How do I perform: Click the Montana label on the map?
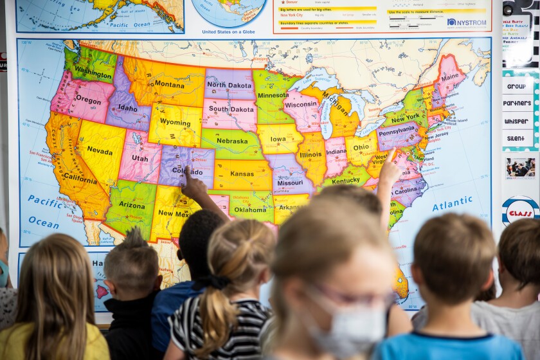[x=169, y=84]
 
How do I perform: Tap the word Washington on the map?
[x=93, y=73]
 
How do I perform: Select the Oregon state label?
[x=88, y=100]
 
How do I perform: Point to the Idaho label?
[x=127, y=108]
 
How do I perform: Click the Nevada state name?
[x=100, y=150]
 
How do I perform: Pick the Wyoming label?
[x=175, y=122]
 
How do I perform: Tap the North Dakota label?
[x=230, y=85]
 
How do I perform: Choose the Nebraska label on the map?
[x=231, y=141]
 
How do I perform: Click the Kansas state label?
[x=242, y=174]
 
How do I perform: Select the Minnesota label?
[x=273, y=95]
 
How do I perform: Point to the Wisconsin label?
[x=301, y=104]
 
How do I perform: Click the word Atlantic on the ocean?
[x=452, y=204]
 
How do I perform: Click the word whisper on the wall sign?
[x=517, y=121]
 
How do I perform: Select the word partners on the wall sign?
[x=517, y=103]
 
